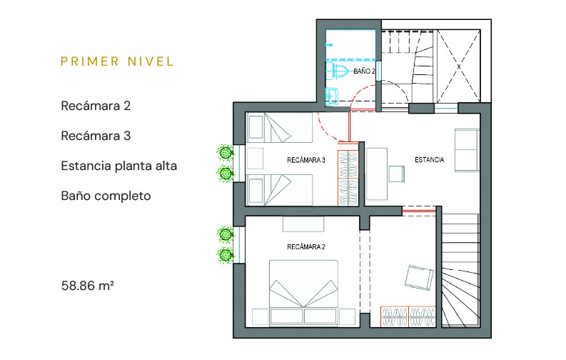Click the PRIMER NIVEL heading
tap(117, 61)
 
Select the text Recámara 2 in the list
tap(96, 106)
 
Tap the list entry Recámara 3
tap(96, 136)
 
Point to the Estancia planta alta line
tap(118, 166)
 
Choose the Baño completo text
tap(106, 196)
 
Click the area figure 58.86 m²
tap(87, 286)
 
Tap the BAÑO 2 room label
tap(364, 71)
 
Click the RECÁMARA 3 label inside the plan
tap(306, 160)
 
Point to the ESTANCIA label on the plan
tap(429, 159)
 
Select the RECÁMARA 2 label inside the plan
tap(306, 247)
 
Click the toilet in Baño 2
tap(337, 71)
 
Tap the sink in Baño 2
tap(332, 96)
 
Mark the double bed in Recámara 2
tap(303, 292)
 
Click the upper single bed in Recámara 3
tap(279, 127)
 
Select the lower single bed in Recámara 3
tap(279, 190)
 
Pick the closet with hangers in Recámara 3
tap(348, 178)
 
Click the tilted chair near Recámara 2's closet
tap(419, 278)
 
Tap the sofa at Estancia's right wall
tap(467, 150)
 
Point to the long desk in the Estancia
tap(377, 174)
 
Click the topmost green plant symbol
tap(226, 153)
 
